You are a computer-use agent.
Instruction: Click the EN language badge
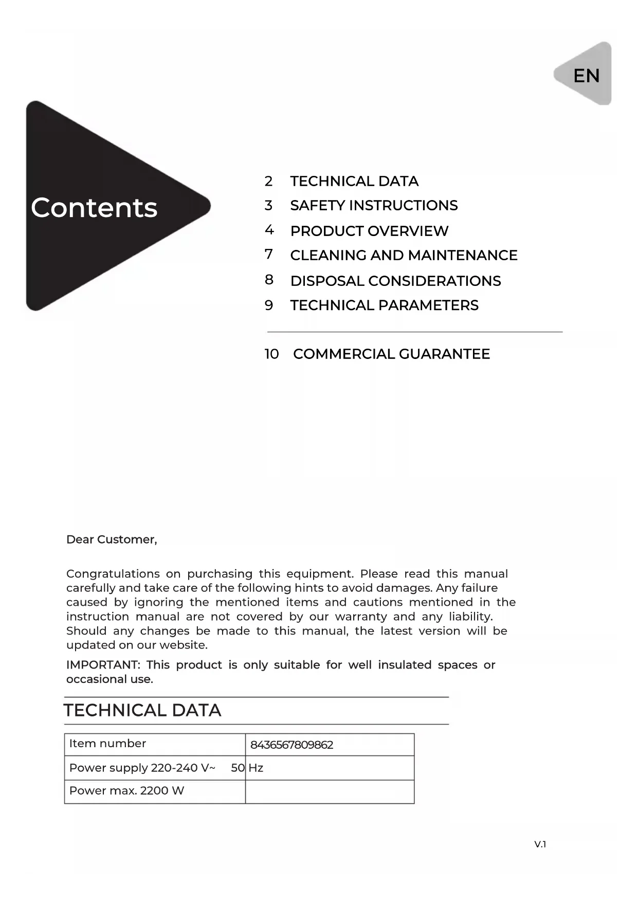(x=586, y=76)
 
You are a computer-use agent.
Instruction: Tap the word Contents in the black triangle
(x=94, y=208)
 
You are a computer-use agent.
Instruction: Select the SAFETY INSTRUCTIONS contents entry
(x=374, y=206)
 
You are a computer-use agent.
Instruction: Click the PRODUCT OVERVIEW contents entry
(x=369, y=231)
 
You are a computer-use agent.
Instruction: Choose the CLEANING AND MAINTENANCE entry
(x=404, y=255)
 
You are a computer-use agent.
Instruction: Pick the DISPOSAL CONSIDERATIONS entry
(x=395, y=281)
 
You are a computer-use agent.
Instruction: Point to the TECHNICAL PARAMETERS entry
(x=384, y=305)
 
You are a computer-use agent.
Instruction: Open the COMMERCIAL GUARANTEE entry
(x=391, y=354)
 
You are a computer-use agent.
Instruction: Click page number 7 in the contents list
(x=269, y=255)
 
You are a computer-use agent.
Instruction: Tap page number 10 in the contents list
(x=272, y=354)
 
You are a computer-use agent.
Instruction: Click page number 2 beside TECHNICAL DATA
(x=269, y=181)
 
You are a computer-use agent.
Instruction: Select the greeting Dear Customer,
(x=112, y=539)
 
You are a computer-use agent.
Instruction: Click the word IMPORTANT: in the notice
(x=103, y=665)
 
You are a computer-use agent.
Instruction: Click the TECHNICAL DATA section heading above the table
(x=142, y=710)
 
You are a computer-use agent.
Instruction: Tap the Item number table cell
(x=107, y=744)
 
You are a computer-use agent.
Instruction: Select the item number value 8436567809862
(x=291, y=745)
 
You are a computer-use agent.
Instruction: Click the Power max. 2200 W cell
(x=126, y=791)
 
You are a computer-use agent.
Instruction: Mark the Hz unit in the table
(x=256, y=768)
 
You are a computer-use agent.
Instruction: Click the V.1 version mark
(x=540, y=844)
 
